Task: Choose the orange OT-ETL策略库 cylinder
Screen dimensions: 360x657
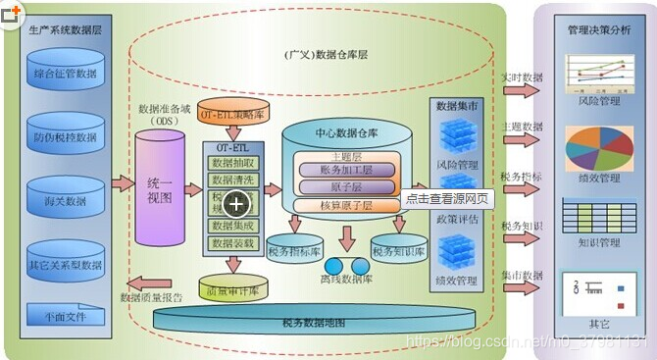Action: (x=232, y=113)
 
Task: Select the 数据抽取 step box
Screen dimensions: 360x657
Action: (x=233, y=163)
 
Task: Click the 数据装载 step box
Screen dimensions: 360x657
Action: (x=233, y=242)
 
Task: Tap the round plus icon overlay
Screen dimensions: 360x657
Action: (x=236, y=203)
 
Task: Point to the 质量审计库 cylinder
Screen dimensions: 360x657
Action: (x=231, y=289)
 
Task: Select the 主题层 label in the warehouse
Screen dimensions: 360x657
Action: (x=346, y=154)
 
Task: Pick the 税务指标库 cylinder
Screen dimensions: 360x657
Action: (x=294, y=251)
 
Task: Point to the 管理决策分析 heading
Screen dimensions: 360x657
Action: (x=599, y=30)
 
